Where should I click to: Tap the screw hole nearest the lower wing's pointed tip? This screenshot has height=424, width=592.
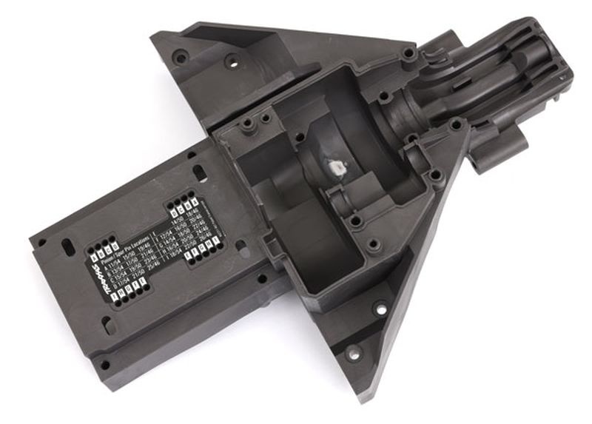point(354,353)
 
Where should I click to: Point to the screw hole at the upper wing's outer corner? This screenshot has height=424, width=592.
point(178,55)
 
